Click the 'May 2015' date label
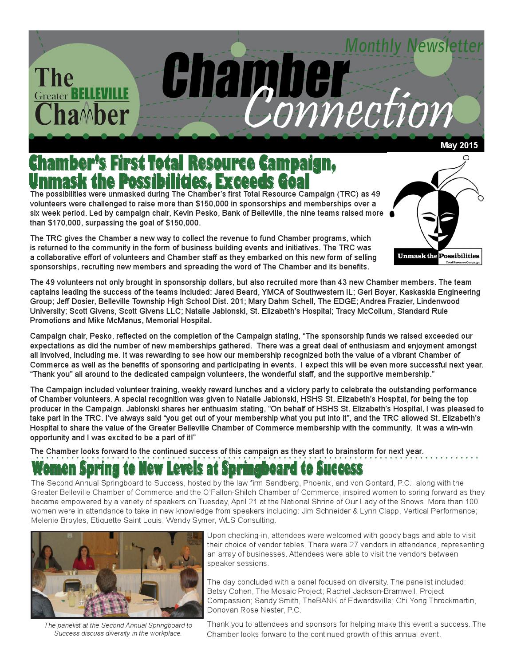pos(459,145)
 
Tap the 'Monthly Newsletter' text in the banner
pos(414,46)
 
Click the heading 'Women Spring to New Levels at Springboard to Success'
pos(197,469)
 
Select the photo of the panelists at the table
pos(116,574)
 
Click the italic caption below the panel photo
pos(118,629)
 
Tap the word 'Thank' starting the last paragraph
pos(217,624)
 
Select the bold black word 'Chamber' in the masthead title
pos(256,76)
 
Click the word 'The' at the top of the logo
pos(54,77)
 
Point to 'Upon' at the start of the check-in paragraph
pos(216,535)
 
